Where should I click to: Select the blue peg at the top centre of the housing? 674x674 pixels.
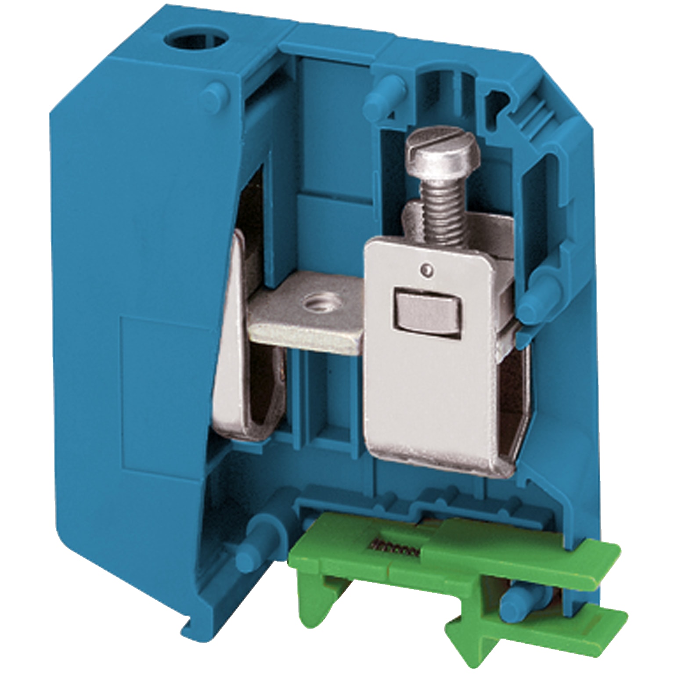point(381,91)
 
